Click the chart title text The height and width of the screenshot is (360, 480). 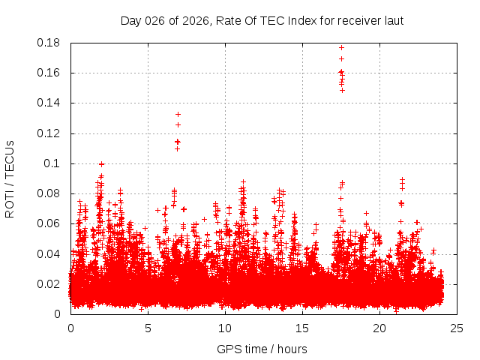click(x=262, y=20)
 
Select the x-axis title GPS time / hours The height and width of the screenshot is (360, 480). click(x=262, y=349)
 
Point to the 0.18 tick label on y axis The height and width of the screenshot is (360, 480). click(x=49, y=43)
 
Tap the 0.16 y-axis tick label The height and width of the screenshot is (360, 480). click(x=49, y=73)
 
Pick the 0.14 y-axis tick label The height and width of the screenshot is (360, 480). click(x=49, y=103)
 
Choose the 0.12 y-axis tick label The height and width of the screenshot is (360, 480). click(x=49, y=133)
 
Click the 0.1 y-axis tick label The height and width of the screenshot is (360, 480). click(x=54, y=163)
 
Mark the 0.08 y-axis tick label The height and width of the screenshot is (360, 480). click(x=49, y=193)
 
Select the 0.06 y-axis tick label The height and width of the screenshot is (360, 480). click(x=49, y=223)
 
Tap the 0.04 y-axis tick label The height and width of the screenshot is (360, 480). click(x=49, y=253)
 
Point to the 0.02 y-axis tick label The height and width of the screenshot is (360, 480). click(x=49, y=283)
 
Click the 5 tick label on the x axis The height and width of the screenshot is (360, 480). click(x=148, y=328)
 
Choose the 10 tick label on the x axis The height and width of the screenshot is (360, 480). click(x=225, y=328)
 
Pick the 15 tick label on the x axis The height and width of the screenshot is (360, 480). click(x=302, y=328)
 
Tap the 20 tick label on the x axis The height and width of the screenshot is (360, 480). click(x=379, y=328)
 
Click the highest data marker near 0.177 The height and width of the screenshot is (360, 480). click(x=341, y=48)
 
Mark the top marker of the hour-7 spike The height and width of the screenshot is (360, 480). click(x=178, y=114)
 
